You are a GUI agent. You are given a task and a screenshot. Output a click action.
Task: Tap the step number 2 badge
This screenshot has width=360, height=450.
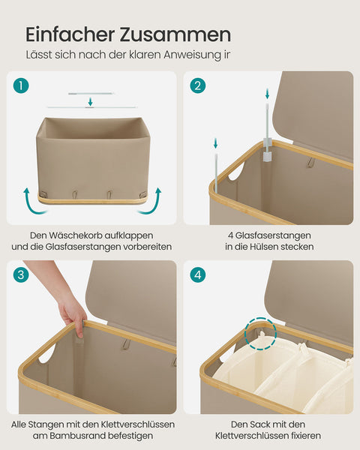pyautogui.click(x=198, y=85)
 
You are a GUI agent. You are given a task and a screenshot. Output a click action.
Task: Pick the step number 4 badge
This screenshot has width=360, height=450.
pyautogui.click(x=198, y=274)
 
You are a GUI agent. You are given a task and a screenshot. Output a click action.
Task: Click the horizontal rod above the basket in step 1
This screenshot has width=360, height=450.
pyautogui.click(x=89, y=94)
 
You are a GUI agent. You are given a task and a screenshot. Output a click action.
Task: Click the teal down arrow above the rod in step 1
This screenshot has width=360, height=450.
pyautogui.click(x=90, y=101)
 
